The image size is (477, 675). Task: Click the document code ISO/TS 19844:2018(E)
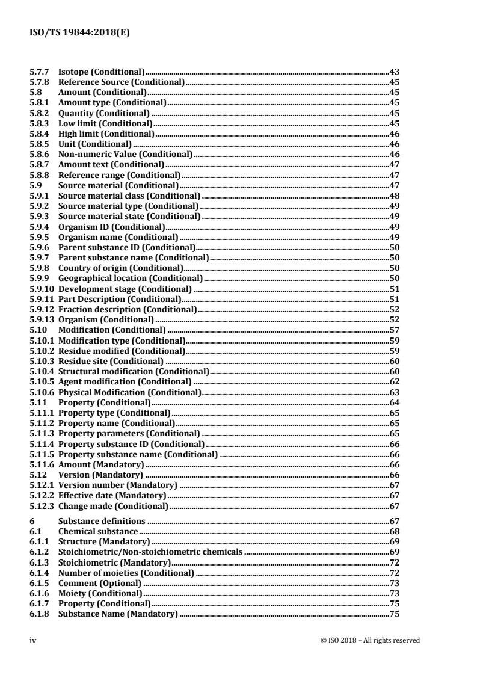[80, 34]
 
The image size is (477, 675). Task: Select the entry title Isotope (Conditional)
[101, 72]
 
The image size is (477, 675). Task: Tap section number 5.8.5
[40, 144]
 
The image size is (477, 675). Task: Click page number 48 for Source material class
[395, 196]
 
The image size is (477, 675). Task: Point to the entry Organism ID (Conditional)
[111, 226]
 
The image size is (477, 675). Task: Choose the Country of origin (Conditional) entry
[121, 268]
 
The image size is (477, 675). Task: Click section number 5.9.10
[42, 288]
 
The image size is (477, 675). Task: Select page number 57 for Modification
[395, 330]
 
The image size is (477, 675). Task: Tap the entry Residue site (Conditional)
[111, 361]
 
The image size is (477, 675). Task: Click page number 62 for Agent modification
[395, 381]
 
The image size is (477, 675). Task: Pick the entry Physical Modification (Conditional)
[129, 392]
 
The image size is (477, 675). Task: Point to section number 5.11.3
[42, 433]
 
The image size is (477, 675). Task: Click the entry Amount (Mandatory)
[100, 464]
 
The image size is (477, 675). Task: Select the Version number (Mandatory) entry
[117, 485]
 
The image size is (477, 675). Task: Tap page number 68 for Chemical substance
[395, 531]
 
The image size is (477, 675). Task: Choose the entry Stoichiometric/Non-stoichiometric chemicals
[150, 552]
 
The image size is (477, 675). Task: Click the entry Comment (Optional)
[100, 583]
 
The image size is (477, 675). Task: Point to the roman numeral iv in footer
[34, 641]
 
